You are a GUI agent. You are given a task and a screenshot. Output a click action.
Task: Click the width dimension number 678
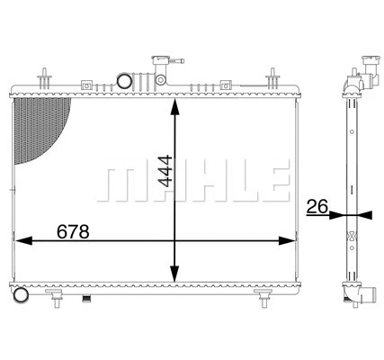click(x=73, y=231)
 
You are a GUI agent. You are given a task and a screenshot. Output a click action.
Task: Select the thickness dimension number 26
click(x=317, y=206)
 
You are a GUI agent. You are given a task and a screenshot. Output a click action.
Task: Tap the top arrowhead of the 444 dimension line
click(x=175, y=101)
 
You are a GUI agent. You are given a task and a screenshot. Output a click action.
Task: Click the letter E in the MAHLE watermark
click(x=276, y=183)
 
